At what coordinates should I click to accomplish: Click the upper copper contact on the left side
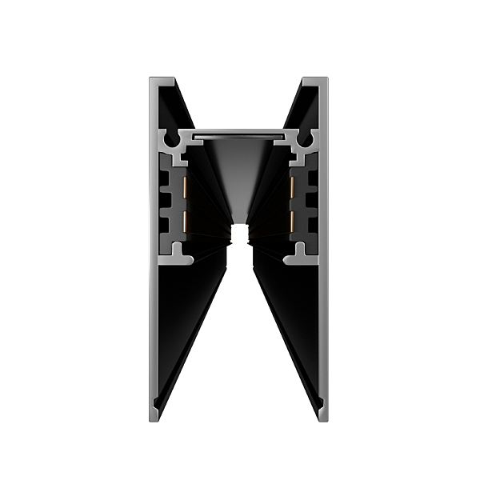(186, 190)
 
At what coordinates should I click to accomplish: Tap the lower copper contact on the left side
(186, 221)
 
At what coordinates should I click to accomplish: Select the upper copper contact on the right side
(293, 190)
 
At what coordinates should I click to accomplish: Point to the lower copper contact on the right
(293, 221)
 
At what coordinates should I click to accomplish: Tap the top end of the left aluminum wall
(162, 80)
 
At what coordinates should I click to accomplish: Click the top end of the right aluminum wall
(315, 80)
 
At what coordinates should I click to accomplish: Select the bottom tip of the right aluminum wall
(322, 417)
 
